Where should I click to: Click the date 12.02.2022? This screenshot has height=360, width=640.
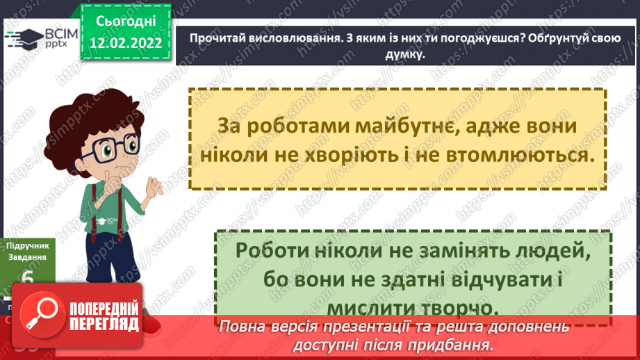(x=125, y=43)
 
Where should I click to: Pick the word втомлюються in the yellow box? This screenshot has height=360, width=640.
(x=525, y=155)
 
